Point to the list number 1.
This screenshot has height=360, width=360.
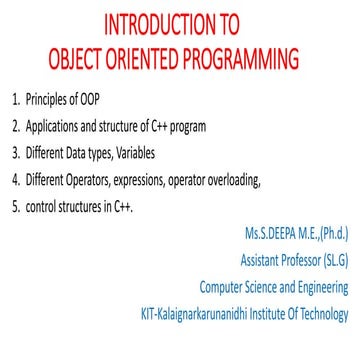point(15,99)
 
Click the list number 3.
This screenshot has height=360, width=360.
point(15,153)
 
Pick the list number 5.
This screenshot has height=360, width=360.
point(15,207)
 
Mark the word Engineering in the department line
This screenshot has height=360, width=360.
point(319,287)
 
